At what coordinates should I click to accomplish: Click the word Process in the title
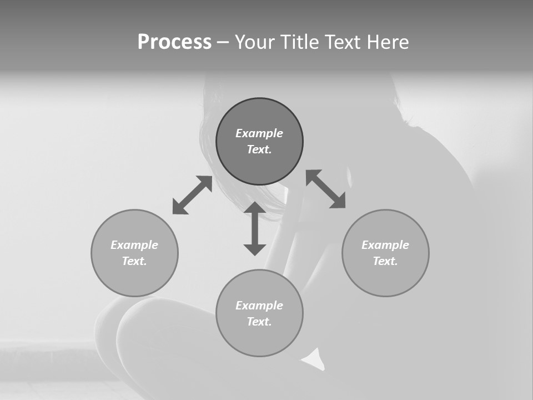[x=174, y=42]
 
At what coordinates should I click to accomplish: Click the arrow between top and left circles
[x=192, y=195]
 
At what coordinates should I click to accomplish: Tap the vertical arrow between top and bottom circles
[x=255, y=228]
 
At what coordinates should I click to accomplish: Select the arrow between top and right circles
[x=325, y=189]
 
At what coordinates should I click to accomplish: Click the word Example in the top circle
[x=259, y=133]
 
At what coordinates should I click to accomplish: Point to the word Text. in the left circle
[x=134, y=261]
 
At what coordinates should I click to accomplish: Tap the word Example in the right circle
[x=385, y=245]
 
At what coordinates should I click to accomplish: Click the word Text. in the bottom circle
[x=259, y=322]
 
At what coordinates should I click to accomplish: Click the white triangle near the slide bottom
[x=314, y=359]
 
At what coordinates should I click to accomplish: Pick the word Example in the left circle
[x=134, y=245]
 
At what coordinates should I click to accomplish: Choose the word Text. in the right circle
[x=385, y=261]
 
